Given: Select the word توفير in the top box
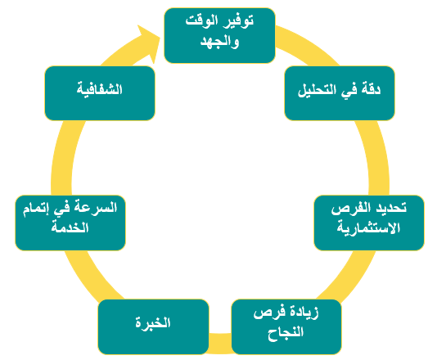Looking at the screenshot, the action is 238,21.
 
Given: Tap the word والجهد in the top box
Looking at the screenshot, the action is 219,42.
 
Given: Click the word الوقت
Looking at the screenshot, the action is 202,20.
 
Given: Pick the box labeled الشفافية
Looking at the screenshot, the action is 100,93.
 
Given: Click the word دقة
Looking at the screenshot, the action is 371,89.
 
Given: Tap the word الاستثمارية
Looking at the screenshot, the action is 368,227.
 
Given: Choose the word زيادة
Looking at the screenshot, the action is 304,313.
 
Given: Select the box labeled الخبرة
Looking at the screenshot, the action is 153,326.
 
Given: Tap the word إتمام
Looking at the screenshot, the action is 35,209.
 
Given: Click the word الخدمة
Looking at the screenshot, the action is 70,227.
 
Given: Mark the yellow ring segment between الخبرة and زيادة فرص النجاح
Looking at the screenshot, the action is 220,344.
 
